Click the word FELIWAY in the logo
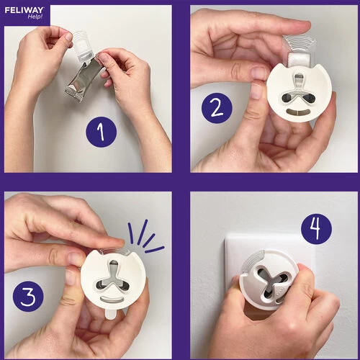24,10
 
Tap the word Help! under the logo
35,17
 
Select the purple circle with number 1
102,132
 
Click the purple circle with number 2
217,108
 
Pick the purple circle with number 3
28,297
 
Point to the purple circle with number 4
317,229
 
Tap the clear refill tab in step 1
81,45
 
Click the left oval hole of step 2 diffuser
287,97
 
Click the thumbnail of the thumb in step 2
257,91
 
